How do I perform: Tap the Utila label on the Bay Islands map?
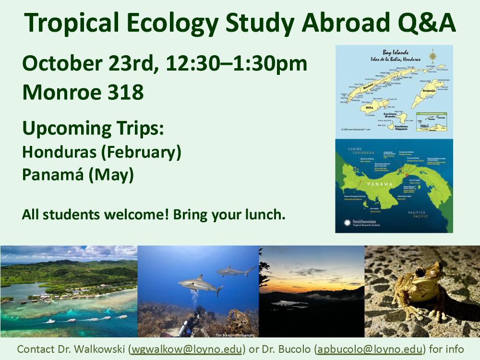click(370, 108)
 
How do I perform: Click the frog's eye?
click(420, 272)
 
